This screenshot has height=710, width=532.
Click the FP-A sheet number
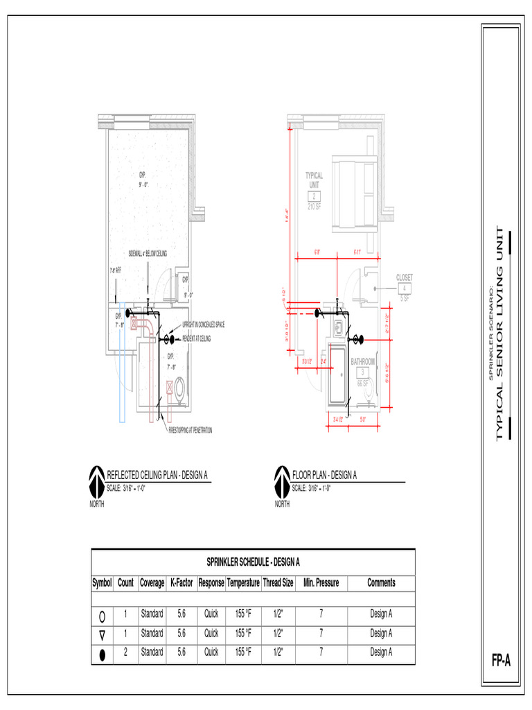(x=501, y=661)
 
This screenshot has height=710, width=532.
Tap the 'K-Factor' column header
(x=181, y=583)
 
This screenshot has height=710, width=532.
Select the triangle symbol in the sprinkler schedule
(x=103, y=634)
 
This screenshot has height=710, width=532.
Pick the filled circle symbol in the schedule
(x=103, y=652)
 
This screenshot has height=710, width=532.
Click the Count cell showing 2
(x=125, y=652)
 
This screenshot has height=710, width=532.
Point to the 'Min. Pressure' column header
(x=321, y=583)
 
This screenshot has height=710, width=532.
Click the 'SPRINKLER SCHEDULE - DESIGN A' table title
(x=253, y=562)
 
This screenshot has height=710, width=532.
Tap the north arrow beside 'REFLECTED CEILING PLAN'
(x=96, y=480)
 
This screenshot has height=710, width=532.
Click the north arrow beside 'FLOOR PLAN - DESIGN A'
(x=282, y=480)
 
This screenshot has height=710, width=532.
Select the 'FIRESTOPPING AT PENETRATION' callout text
(x=190, y=431)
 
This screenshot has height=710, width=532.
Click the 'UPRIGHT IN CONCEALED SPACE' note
(x=203, y=324)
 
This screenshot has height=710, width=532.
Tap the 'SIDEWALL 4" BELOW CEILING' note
(x=148, y=254)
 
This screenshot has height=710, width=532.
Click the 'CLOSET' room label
(x=405, y=277)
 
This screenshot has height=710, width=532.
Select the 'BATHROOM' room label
(x=362, y=362)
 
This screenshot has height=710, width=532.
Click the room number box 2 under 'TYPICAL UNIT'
(x=314, y=197)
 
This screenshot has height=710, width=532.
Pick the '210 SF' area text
(x=314, y=207)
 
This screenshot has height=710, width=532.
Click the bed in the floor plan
(x=353, y=192)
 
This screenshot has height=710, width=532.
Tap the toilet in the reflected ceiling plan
(x=179, y=390)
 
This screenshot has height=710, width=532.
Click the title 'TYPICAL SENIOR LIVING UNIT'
(x=500, y=333)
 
